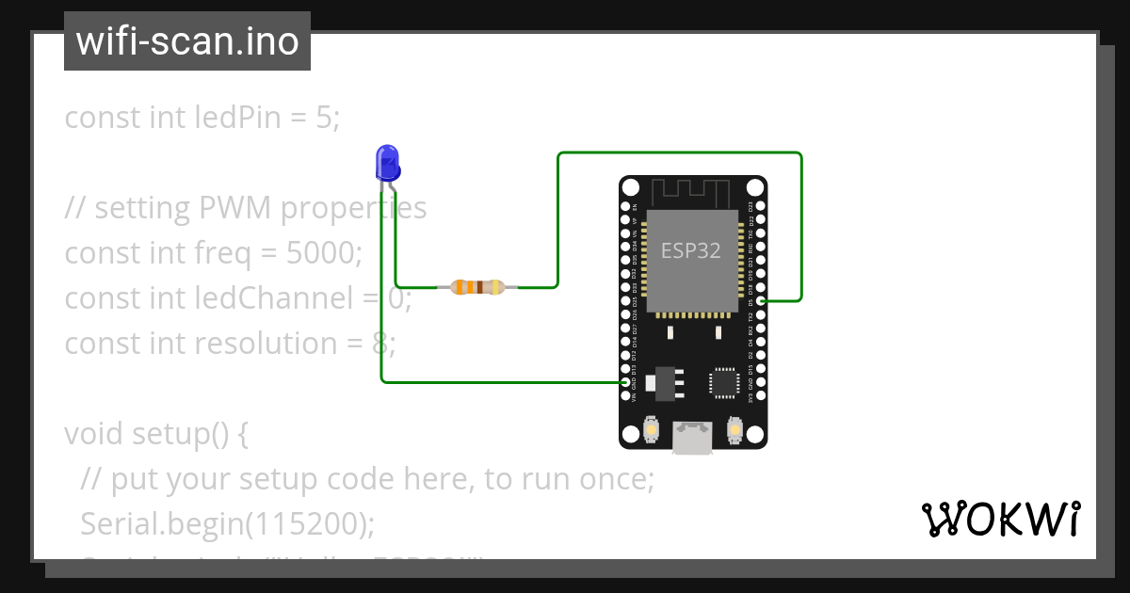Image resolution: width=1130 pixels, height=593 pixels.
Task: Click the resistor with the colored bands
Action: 478,287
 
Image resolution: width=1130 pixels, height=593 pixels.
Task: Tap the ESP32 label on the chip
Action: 692,251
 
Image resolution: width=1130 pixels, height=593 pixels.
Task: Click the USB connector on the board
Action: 692,438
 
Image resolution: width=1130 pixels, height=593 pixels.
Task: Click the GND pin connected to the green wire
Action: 625,383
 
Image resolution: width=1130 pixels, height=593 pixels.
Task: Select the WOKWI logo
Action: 1000,519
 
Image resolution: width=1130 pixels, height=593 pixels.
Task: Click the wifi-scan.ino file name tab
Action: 187,41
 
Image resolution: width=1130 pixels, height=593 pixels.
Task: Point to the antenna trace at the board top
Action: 692,190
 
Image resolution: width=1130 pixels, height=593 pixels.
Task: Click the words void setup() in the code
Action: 145,434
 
